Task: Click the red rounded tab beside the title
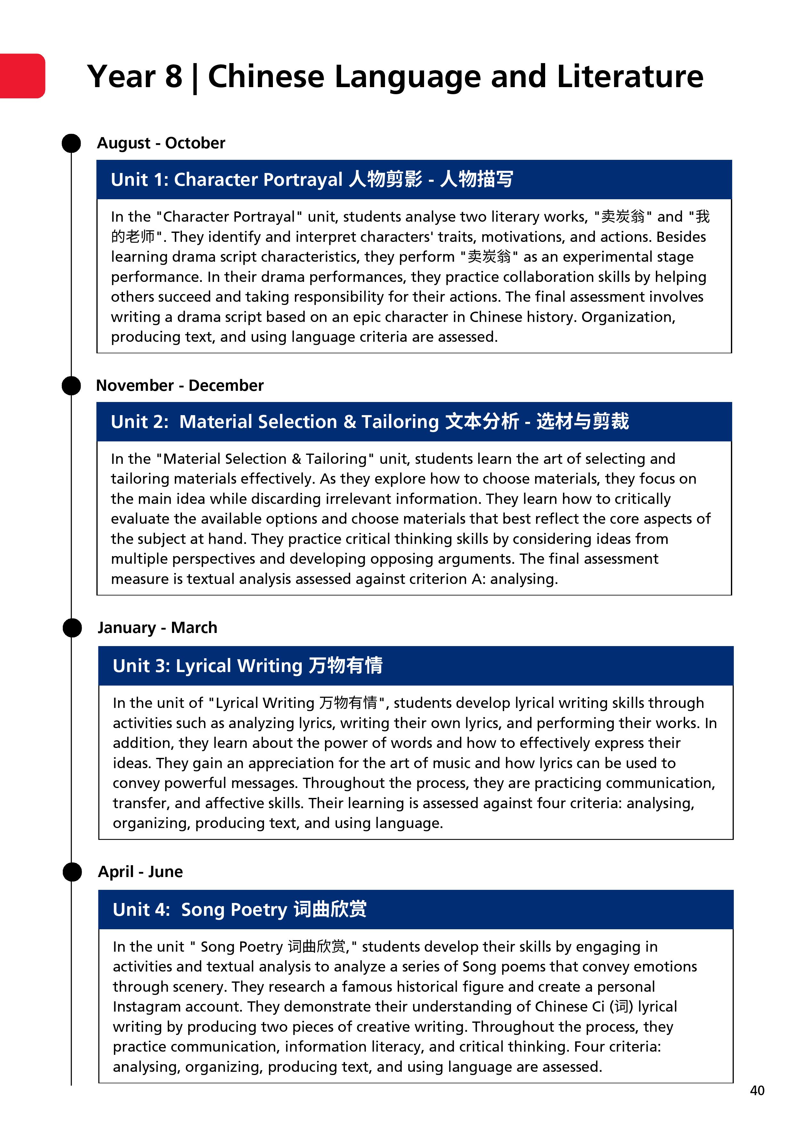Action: click(22, 76)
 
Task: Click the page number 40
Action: click(757, 1090)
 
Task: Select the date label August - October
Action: click(161, 143)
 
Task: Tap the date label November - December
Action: click(180, 385)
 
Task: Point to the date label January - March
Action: click(157, 628)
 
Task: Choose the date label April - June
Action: click(141, 871)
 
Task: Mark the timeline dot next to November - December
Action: click(71, 386)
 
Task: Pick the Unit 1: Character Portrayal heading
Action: click(312, 179)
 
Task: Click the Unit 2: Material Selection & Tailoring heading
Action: click(370, 422)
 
